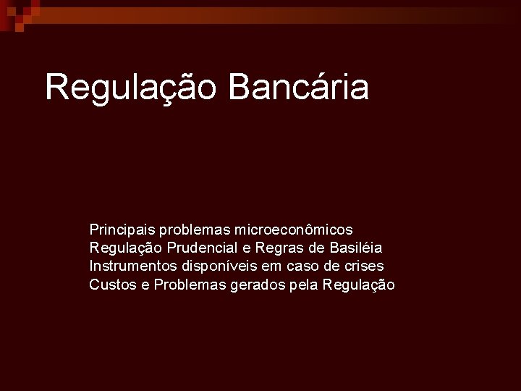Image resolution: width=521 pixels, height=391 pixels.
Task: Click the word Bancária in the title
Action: point(298,87)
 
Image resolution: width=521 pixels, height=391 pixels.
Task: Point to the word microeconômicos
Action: point(294,230)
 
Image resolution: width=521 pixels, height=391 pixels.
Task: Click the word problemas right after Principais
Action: point(194,230)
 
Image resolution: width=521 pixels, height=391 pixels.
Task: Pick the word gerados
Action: point(254,285)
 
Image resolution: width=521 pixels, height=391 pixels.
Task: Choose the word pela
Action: point(303,285)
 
